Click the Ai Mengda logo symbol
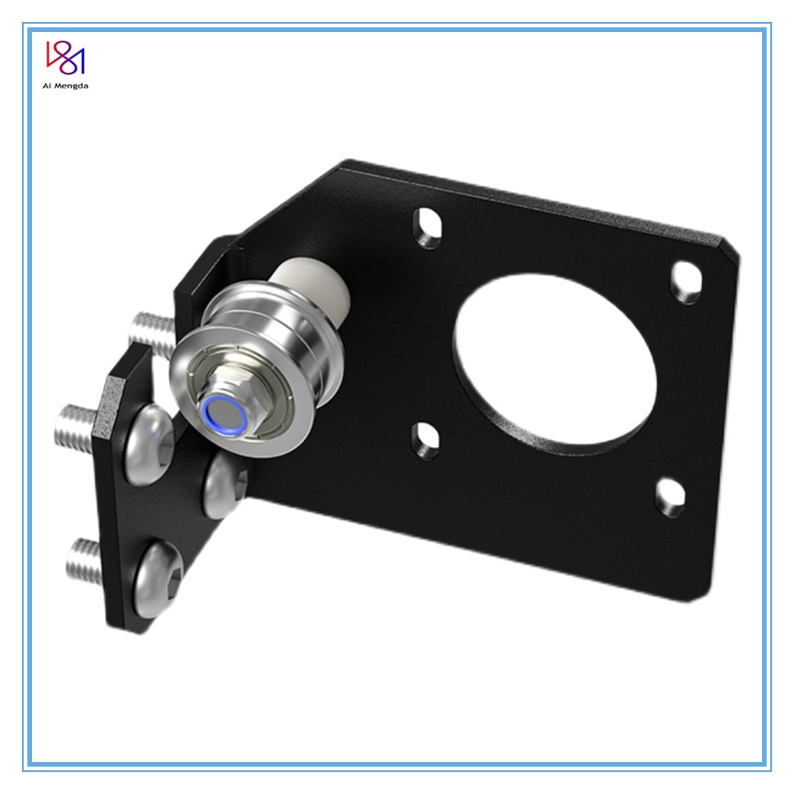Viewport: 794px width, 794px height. click(66, 57)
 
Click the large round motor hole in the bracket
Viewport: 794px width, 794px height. click(555, 364)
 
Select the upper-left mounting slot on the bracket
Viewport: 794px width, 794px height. click(428, 228)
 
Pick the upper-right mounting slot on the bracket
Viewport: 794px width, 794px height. click(686, 283)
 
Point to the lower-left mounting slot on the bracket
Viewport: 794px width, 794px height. click(426, 441)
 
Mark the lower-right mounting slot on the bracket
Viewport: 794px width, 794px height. click(671, 497)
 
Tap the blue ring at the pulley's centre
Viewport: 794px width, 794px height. click(225, 416)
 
